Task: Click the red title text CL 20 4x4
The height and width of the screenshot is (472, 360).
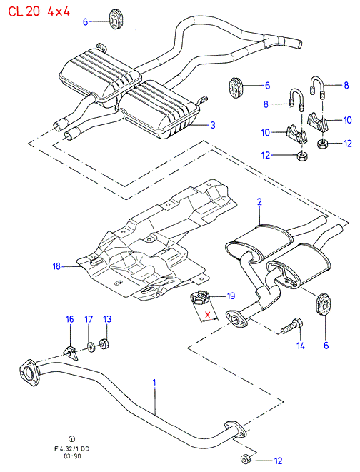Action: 39,11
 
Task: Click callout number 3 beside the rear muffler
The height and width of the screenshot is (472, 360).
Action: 213,125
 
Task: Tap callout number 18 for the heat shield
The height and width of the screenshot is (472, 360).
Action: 56,266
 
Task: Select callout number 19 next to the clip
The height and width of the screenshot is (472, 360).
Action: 231,296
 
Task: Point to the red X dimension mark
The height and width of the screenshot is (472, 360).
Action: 207,316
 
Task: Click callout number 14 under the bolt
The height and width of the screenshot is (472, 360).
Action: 301,346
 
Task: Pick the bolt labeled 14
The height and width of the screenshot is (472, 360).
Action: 292,326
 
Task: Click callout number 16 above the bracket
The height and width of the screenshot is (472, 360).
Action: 69,319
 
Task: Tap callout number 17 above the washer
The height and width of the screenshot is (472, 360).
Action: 89,319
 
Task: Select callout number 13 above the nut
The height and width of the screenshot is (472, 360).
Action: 107,319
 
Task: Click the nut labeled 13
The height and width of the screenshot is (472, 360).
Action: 104,343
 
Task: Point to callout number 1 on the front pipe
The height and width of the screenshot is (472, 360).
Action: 154,383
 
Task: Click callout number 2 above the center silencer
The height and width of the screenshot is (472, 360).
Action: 259,201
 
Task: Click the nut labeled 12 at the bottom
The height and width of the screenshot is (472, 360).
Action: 245,459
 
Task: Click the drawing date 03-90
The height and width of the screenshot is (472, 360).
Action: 72,456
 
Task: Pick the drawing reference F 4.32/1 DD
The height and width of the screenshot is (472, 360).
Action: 72,448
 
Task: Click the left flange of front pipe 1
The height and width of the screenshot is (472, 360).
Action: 29,372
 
